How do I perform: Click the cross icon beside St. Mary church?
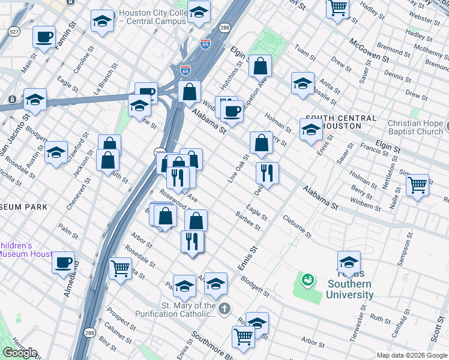click(x=224, y=310)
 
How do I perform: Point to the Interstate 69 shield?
click(x=205, y=44)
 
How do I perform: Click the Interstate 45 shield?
click(x=185, y=70)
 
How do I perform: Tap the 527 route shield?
click(x=14, y=31)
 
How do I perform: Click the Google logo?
click(x=20, y=353)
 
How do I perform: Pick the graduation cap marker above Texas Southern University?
click(x=349, y=261)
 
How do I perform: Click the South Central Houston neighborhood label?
click(x=333, y=122)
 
